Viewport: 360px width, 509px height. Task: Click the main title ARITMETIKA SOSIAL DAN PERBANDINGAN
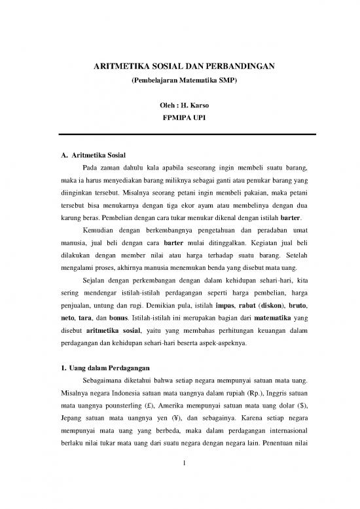(180, 67)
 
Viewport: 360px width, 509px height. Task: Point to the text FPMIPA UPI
(180, 119)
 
